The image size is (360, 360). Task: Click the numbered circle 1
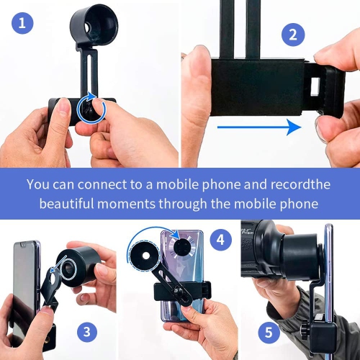22,23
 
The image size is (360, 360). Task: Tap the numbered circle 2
293,35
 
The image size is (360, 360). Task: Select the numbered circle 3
87,332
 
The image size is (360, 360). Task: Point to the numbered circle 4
221,240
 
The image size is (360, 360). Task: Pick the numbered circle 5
269,333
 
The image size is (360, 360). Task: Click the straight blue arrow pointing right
259,127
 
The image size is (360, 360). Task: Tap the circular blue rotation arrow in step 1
91,108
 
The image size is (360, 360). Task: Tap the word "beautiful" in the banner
67,204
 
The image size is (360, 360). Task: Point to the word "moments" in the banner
127,204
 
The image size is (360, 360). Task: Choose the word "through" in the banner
183,204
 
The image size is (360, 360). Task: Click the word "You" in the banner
38,184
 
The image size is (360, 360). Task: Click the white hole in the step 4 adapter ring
145,256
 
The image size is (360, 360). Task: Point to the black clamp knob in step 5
305,332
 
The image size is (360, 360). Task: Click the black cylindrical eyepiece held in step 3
79,266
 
